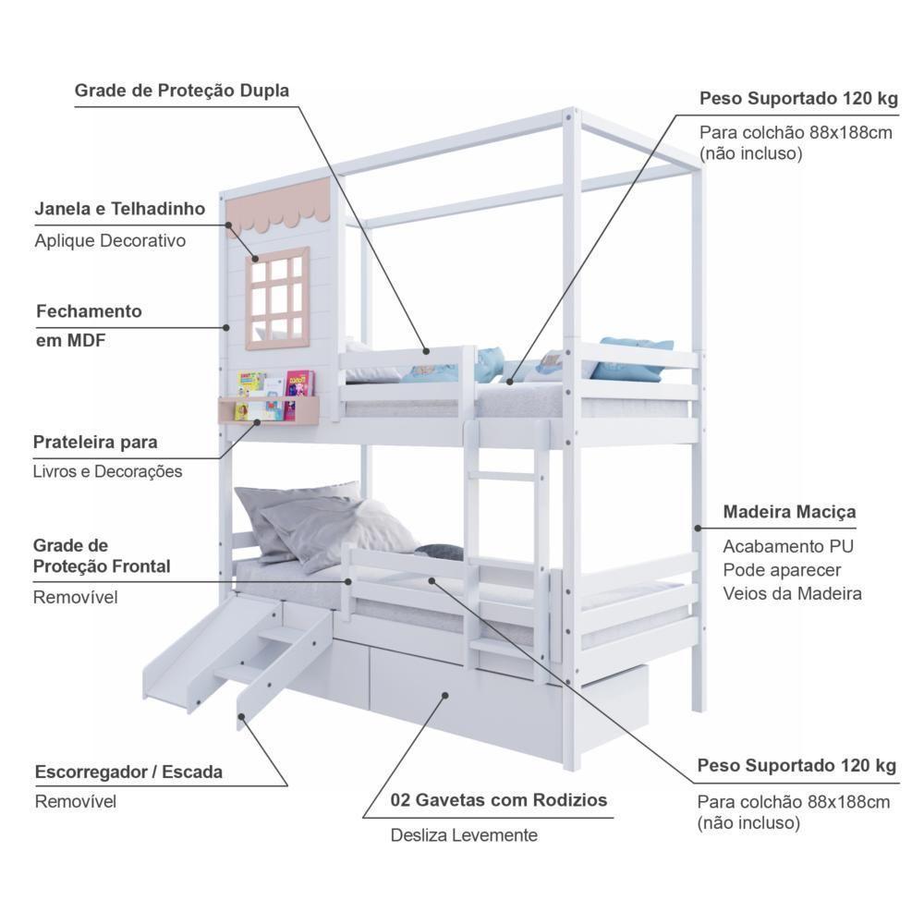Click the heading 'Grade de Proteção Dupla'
tap(182, 91)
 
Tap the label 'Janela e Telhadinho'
tap(120, 209)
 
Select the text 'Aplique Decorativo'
tap(110, 240)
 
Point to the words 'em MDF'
tap(71, 340)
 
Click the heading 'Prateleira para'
tap(95, 442)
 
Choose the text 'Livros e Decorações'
tap(107, 471)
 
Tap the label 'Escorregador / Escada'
tap(128, 772)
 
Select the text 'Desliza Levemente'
tap(463, 835)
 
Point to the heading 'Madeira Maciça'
tap(789, 511)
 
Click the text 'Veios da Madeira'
tap(792, 593)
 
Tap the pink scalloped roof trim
tap(278, 206)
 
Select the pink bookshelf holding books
tap(268, 407)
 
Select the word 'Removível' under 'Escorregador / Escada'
tap(76, 801)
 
